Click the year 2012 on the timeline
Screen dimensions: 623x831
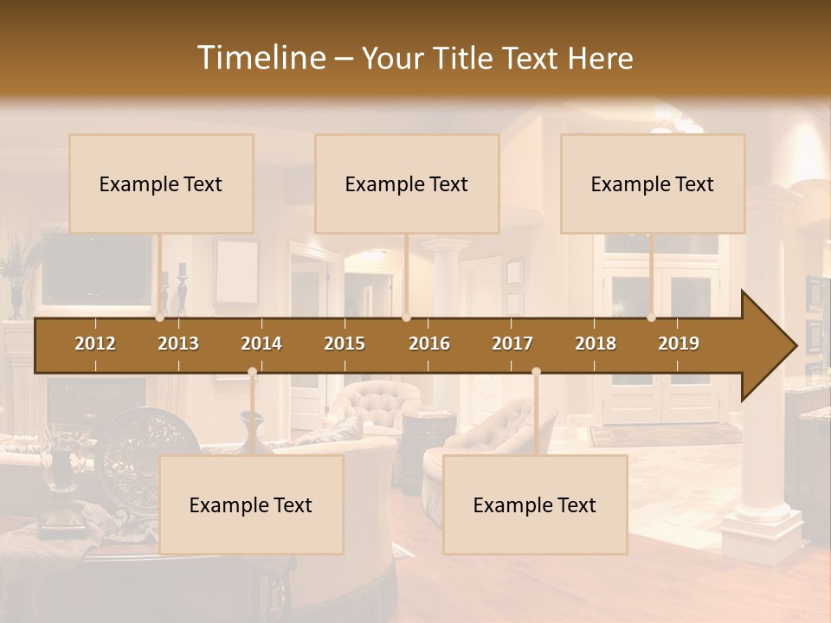click(95, 344)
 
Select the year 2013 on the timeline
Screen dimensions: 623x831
click(178, 344)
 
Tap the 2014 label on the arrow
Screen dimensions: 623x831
click(261, 344)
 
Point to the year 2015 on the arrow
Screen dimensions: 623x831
click(345, 344)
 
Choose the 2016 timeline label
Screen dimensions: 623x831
click(429, 344)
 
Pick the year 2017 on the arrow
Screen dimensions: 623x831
click(512, 344)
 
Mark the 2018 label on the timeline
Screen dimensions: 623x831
click(596, 344)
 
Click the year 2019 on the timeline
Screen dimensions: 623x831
click(679, 344)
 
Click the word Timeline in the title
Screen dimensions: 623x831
click(261, 58)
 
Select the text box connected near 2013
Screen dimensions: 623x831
click(161, 183)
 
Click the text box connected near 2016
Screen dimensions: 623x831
click(407, 183)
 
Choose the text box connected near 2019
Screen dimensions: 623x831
click(653, 183)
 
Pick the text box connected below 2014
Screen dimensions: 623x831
click(251, 504)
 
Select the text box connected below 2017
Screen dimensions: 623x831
click(535, 504)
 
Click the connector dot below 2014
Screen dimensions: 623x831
click(252, 372)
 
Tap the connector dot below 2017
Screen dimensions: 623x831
click(536, 372)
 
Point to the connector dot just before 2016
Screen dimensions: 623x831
click(407, 318)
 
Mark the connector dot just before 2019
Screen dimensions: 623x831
click(652, 318)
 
